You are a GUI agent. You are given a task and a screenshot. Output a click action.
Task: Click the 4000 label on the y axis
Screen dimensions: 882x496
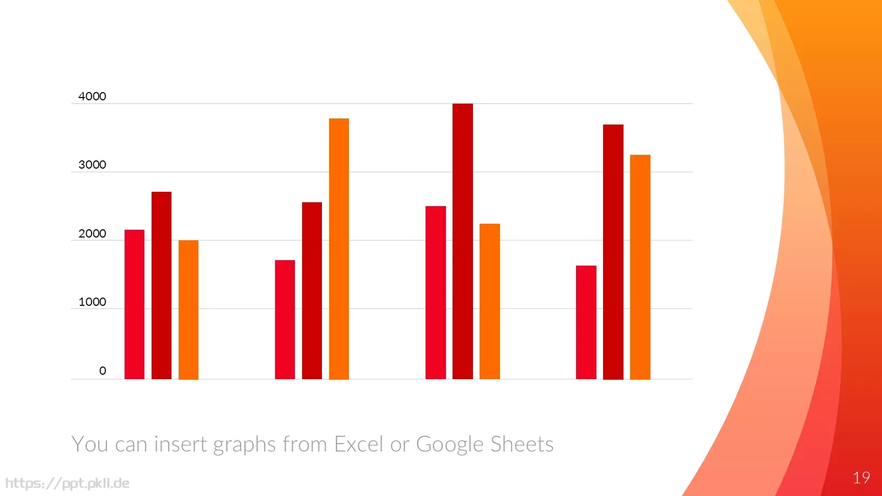point(92,96)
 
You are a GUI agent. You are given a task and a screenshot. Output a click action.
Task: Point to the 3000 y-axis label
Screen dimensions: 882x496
point(92,165)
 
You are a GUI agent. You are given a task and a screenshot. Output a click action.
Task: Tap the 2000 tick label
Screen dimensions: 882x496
point(92,234)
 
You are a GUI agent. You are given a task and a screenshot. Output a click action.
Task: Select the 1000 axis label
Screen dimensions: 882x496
point(92,302)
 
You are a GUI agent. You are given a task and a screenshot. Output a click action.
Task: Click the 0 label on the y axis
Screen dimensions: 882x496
point(103,370)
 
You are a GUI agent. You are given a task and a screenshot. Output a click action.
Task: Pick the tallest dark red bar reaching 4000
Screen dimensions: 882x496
point(462,241)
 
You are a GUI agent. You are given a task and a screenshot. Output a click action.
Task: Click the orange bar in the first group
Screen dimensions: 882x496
point(188,310)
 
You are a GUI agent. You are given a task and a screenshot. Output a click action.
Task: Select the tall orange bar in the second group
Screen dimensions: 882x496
point(339,249)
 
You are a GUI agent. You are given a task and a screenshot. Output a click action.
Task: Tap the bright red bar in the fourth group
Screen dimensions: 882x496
point(586,322)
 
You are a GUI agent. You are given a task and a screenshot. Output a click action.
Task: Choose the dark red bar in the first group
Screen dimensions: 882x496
point(162,285)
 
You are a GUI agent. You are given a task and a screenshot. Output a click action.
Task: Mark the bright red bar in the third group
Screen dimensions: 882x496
point(435,293)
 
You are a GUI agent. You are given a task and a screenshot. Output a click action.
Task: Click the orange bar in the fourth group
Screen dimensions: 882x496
point(640,267)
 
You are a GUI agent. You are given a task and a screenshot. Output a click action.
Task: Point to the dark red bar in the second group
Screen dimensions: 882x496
point(312,291)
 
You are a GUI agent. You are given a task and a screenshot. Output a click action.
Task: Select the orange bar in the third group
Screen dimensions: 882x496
point(490,301)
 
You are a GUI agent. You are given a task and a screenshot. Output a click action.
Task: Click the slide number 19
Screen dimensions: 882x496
point(862,478)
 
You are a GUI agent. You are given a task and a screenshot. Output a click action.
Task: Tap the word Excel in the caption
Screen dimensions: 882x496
point(358,444)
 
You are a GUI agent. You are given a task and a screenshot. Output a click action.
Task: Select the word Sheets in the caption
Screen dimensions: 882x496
point(522,444)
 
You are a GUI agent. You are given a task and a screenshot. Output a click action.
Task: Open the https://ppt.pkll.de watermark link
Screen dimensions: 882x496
point(67,483)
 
